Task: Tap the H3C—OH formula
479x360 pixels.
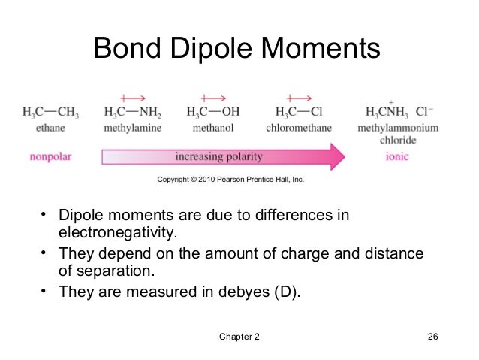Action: pyautogui.click(x=213, y=113)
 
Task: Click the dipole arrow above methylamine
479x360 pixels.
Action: pyautogui.click(x=133, y=97)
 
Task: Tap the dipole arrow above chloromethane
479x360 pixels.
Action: pyautogui.click(x=299, y=97)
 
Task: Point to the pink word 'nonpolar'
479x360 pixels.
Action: pyautogui.click(x=50, y=158)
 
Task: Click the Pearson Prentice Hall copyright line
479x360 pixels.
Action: pyautogui.click(x=230, y=180)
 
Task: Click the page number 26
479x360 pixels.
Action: pyautogui.click(x=432, y=336)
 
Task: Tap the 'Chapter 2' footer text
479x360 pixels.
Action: pyautogui.click(x=239, y=336)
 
